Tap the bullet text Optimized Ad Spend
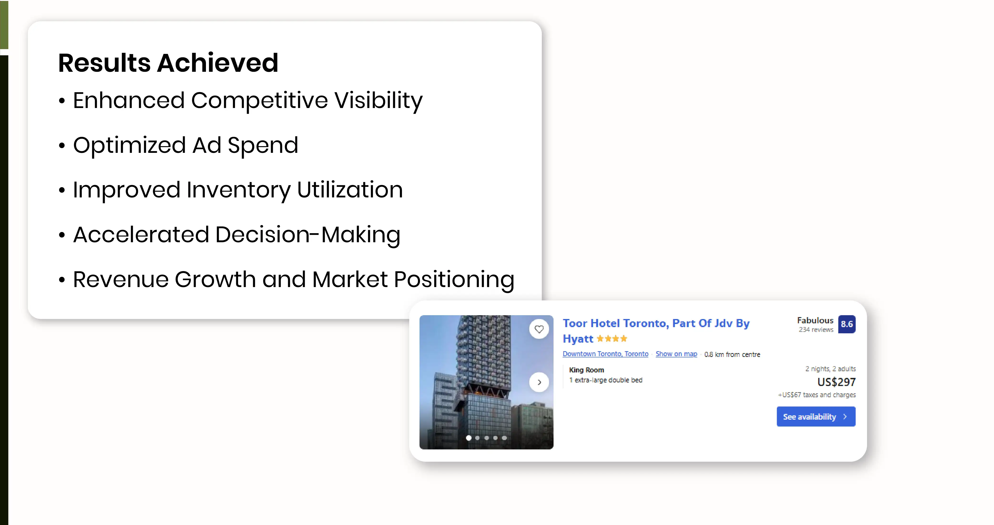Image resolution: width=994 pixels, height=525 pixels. tap(186, 146)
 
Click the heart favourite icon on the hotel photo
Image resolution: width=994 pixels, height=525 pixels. tap(539, 329)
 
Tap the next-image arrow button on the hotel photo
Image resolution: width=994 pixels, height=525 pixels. tap(539, 382)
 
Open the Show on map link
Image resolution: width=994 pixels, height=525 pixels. tap(676, 354)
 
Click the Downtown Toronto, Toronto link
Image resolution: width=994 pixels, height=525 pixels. tap(605, 354)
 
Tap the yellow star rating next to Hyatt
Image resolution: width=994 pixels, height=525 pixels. tap(612, 339)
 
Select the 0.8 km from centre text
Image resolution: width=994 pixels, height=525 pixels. tap(732, 354)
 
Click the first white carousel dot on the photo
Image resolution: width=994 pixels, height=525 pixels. tap(469, 438)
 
